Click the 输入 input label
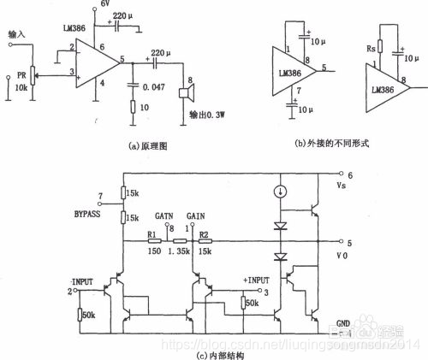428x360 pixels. coord(16,34)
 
